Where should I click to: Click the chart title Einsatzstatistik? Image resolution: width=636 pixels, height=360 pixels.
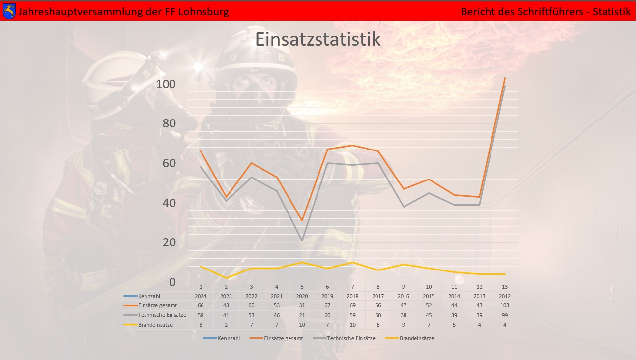pyautogui.click(x=318, y=39)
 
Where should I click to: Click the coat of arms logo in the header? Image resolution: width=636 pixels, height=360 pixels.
pyautogui.click(x=9, y=11)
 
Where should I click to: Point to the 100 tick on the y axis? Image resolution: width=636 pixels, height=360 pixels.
pyautogui.click(x=166, y=84)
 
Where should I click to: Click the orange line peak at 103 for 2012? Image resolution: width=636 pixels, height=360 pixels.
pyautogui.click(x=505, y=78)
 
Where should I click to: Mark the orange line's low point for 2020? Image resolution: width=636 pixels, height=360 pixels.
pyautogui.click(x=302, y=220)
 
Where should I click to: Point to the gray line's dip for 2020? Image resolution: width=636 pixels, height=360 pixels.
pyautogui.click(x=302, y=240)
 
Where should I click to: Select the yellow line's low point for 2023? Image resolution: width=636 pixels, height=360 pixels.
pyautogui.click(x=226, y=278)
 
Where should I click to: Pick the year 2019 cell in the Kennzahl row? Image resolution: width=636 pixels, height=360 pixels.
pyautogui.click(x=327, y=296)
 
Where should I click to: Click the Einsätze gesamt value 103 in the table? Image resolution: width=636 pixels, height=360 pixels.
pyautogui.click(x=505, y=305)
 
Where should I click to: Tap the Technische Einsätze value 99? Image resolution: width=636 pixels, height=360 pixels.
pyautogui.click(x=505, y=315)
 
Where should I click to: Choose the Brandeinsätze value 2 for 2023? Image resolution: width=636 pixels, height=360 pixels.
pyautogui.click(x=226, y=325)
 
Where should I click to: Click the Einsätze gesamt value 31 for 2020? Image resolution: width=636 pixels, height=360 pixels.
pyautogui.click(x=302, y=305)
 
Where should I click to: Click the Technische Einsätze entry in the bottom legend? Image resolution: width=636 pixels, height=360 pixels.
pyautogui.click(x=351, y=338)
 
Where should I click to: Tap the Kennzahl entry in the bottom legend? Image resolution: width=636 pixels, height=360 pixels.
pyautogui.click(x=229, y=338)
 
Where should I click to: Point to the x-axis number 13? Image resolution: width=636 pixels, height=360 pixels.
pyautogui.click(x=505, y=287)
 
